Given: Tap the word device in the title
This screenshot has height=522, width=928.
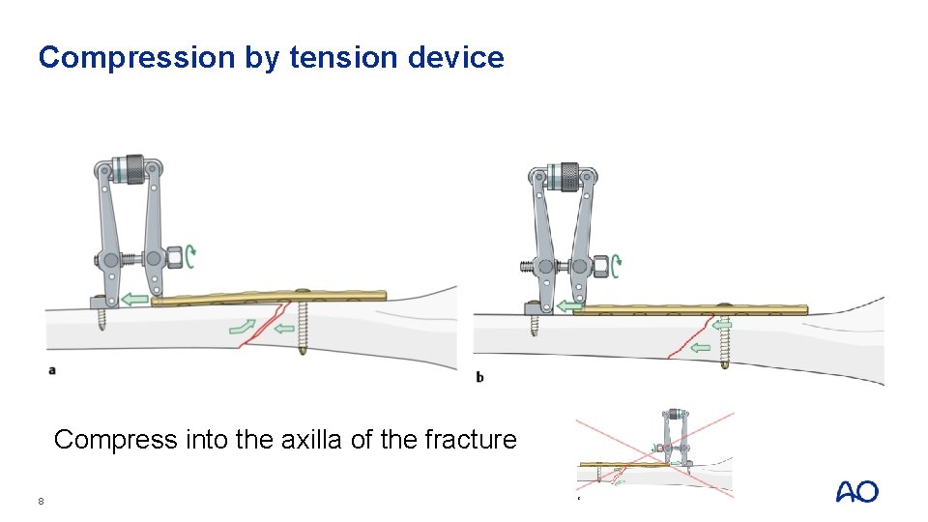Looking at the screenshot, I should pos(455,58).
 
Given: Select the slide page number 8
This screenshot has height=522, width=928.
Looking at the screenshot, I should pos(41,501).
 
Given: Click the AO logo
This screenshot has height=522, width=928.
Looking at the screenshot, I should pos(856,492).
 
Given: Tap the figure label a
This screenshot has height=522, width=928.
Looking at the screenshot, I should pos(52,370).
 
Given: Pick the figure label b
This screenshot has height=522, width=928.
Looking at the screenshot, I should pos(480,377).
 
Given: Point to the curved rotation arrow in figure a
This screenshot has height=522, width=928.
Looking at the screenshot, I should pos(192,257).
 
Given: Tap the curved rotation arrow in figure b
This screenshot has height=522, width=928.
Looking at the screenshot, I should pos(616,263).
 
